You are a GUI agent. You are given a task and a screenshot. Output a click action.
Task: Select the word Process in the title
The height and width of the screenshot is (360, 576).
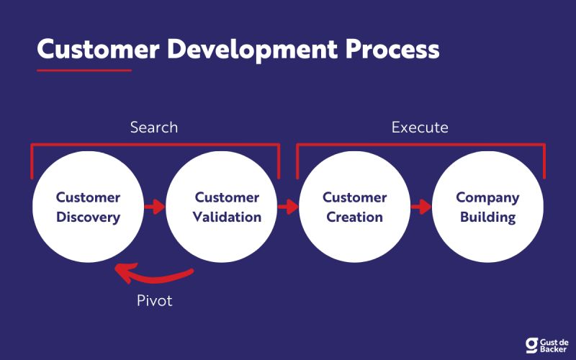tap(390, 49)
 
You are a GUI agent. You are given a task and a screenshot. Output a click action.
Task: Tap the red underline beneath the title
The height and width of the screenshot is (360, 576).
tap(84, 71)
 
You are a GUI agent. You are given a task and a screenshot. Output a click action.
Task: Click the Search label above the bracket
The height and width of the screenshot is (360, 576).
tap(153, 127)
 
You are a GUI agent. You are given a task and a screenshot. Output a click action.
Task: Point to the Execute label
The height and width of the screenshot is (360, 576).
tap(420, 127)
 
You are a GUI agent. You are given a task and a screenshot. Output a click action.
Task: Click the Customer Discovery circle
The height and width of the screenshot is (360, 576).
tap(88, 207)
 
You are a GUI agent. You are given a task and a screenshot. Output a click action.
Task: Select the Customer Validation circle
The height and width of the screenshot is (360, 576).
tap(221, 207)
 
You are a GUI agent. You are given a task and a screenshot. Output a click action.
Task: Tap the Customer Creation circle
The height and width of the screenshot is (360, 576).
tap(354, 207)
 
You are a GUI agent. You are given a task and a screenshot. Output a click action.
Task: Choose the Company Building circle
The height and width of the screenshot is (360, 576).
tap(487, 207)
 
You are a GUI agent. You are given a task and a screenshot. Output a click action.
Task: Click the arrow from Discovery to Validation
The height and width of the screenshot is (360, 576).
tap(154, 207)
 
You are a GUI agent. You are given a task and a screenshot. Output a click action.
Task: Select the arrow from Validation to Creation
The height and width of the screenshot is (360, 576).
tap(288, 207)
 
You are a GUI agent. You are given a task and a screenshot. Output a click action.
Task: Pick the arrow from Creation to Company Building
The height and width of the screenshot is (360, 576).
tap(420, 207)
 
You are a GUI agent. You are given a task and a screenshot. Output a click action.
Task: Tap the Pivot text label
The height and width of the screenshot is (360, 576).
tap(155, 300)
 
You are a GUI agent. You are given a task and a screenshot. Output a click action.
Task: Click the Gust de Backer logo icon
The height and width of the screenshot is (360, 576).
tap(533, 344)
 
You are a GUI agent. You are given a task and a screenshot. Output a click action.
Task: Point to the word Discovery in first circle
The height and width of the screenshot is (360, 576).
tap(88, 217)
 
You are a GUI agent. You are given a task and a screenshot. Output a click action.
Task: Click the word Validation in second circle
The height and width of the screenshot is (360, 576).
tap(227, 217)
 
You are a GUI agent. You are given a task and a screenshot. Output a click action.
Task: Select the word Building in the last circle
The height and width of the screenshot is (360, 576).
tap(487, 217)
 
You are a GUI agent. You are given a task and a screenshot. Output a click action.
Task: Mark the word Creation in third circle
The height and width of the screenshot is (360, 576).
tap(354, 217)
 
